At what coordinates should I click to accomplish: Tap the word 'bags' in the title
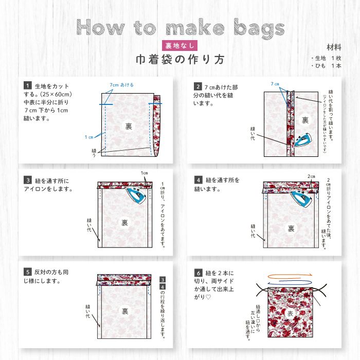point(248,28)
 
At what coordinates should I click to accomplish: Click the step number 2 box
point(197,86)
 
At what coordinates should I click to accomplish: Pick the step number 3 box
point(27,181)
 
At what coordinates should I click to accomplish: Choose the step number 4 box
point(197,180)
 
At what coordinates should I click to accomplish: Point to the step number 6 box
point(197,273)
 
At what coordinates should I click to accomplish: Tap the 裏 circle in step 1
point(128,125)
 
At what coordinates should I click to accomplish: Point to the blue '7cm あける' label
point(121,84)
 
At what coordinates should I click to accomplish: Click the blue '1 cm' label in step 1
point(89,137)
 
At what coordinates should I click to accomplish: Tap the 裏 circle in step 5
point(124,311)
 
